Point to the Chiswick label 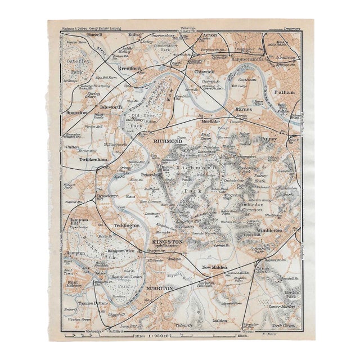point(204,72)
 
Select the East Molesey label point(74,284)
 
